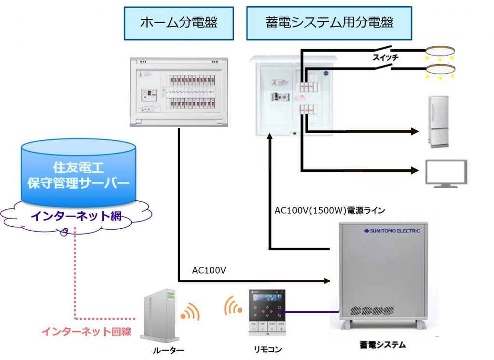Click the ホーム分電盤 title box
coord(178,23)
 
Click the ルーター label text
coord(168,350)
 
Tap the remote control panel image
coord(267,313)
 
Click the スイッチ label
coord(385,57)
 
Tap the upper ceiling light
coord(440,51)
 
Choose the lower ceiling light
coord(440,69)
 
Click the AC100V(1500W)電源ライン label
coord(329,210)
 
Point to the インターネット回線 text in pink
coord(86,332)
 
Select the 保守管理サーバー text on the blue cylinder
coord(78,184)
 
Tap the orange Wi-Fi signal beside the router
coord(190,312)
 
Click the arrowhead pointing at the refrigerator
coord(414,131)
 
